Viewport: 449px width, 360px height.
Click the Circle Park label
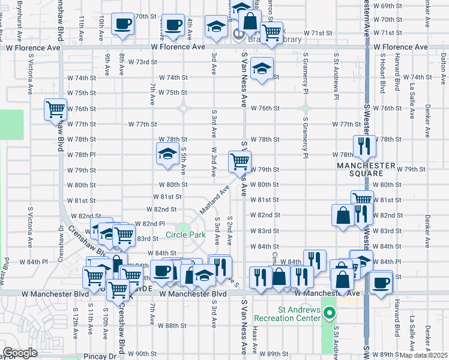point(185,234)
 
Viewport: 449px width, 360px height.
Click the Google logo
point(20,353)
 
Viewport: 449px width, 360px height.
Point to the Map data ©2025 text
point(424,355)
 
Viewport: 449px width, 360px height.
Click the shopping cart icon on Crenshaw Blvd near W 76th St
point(55,109)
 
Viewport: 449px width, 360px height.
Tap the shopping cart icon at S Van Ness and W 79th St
point(240,161)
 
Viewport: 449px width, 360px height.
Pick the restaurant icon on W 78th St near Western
point(364,145)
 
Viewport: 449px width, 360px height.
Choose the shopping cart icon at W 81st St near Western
point(362,200)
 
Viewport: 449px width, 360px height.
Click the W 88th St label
point(172,325)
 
